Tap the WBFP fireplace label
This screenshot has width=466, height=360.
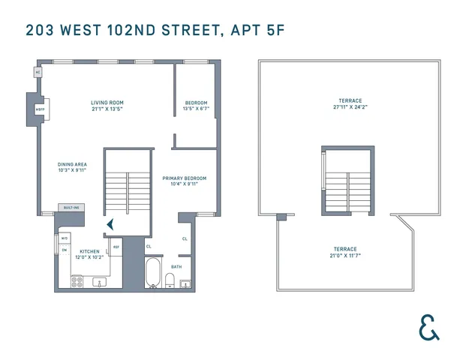click(40, 109)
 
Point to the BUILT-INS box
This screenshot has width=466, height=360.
click(72, 208)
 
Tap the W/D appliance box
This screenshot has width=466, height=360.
click(65, 238)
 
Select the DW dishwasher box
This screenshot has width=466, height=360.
click(65, 250)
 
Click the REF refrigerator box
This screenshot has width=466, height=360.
click(116, 247)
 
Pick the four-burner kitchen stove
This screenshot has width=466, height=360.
click(77, 282)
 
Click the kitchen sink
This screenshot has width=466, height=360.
click(99, 283)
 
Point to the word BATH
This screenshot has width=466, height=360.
click(176, 266)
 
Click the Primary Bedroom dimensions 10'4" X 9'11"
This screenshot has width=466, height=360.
click(184, 184)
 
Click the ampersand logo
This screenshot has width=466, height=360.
click(429, 328)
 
